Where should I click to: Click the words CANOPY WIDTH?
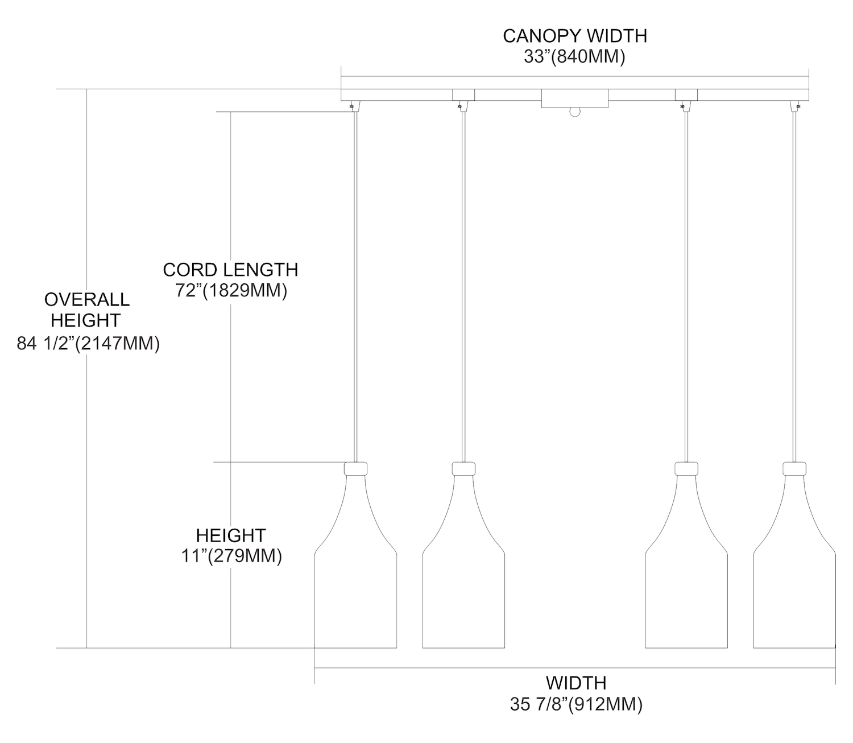575,36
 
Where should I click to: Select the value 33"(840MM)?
574,57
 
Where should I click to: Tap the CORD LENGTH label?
230,270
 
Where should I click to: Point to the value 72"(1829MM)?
231,291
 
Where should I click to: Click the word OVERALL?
87,299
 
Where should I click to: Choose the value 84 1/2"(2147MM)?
88,344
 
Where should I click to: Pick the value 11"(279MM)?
231,556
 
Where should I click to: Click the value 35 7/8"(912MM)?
576,704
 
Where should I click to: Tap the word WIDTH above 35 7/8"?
576,683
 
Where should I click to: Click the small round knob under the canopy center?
575,112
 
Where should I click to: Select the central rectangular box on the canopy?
574,98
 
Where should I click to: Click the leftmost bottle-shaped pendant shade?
355,560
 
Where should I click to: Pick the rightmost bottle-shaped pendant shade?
794,560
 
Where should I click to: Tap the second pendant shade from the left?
463,560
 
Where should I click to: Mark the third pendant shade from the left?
686,560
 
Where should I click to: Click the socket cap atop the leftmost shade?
355,468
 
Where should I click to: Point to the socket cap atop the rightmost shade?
794,468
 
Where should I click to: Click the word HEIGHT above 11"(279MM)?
231,535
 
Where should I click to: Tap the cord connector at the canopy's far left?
354,106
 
